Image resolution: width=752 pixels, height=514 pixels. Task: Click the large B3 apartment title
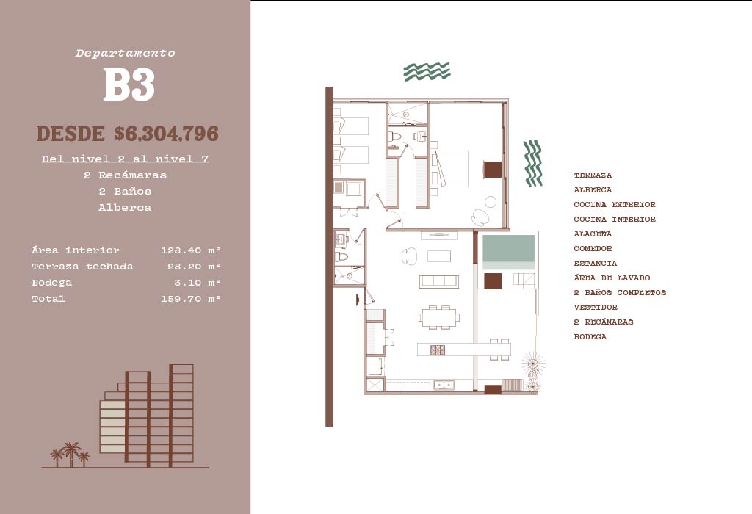(x=129, y=85)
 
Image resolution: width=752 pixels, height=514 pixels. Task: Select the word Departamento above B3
(x=126, y=53)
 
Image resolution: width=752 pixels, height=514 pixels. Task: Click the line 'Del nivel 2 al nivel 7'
(x=125, y=159)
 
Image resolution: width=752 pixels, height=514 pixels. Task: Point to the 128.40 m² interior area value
(x=191, y=250)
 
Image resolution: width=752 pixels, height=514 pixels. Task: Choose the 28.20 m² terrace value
(x=191, y=267)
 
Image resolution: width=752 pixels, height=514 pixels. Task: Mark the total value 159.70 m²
(x=191, y=299)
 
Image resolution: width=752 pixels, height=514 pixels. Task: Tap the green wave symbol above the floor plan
(x=427, y=71)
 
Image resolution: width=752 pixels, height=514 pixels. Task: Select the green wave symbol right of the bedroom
(x=532, y=163)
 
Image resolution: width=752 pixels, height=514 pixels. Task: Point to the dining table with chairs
(x=440, y=316)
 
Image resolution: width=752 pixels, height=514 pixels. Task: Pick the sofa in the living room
(x=439, y=281)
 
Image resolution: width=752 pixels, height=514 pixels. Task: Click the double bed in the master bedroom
(x=451, y=169)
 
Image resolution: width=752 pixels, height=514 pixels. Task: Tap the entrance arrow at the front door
(x=358, y=299)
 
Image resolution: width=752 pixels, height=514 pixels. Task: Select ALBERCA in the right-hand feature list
(x=593, y=190)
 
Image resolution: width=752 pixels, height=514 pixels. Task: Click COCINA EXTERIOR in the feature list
(x=615, y=205)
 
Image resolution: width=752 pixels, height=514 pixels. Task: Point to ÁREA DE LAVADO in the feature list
(x=612, y=278)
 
